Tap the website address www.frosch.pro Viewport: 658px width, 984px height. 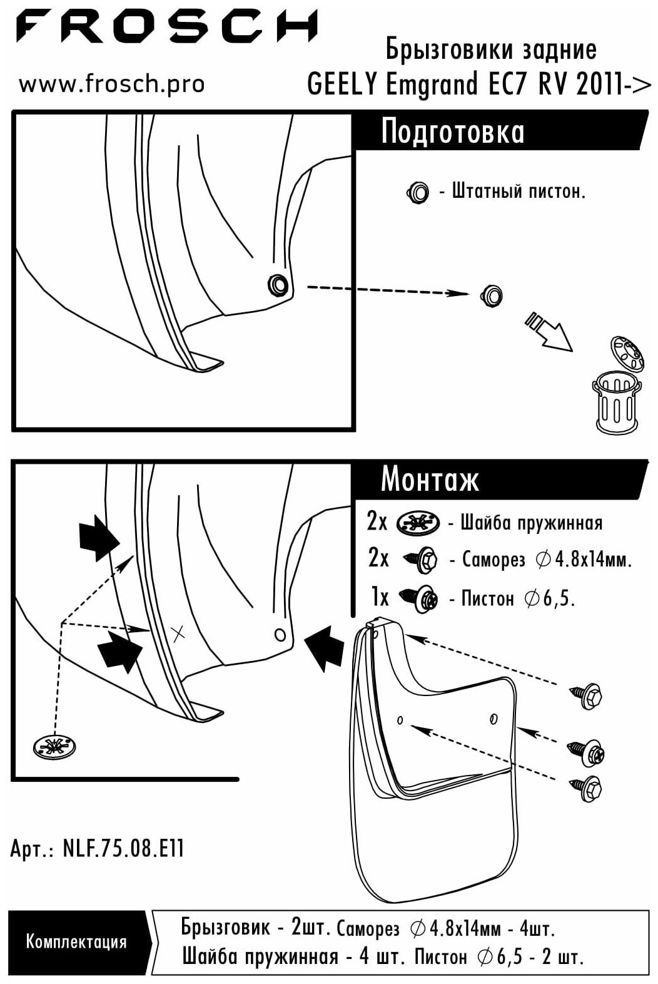pos(111,84)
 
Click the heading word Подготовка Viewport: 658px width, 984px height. pos(452,132)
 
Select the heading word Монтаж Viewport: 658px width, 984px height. pos(430,479)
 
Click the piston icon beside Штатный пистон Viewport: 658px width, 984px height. pos(418,192)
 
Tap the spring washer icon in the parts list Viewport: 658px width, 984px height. pos(418,522)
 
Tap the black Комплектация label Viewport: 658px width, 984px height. pos(76,941)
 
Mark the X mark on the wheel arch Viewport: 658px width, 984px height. pos(178,634)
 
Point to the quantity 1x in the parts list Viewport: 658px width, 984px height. pos(380,598)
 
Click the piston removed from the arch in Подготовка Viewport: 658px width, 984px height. pos(492,295)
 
